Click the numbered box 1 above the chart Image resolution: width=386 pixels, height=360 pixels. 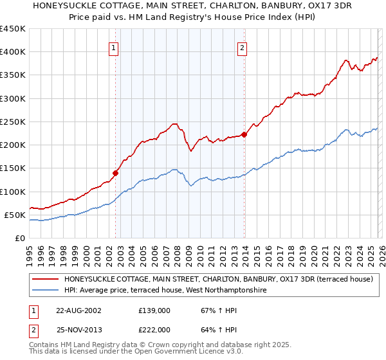pos(113,47)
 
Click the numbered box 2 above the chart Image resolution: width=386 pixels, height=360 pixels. pos(243,47)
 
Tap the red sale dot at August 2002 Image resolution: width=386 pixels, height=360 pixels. pos(116,172)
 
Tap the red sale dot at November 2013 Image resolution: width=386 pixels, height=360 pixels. pos(244,134)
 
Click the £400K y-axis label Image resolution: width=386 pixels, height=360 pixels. pos(13,52)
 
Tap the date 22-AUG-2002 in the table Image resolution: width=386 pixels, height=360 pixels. pos(78,310)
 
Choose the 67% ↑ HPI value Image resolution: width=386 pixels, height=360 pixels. pos(214,310)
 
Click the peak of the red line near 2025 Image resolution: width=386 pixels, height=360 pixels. pos(378,58)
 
